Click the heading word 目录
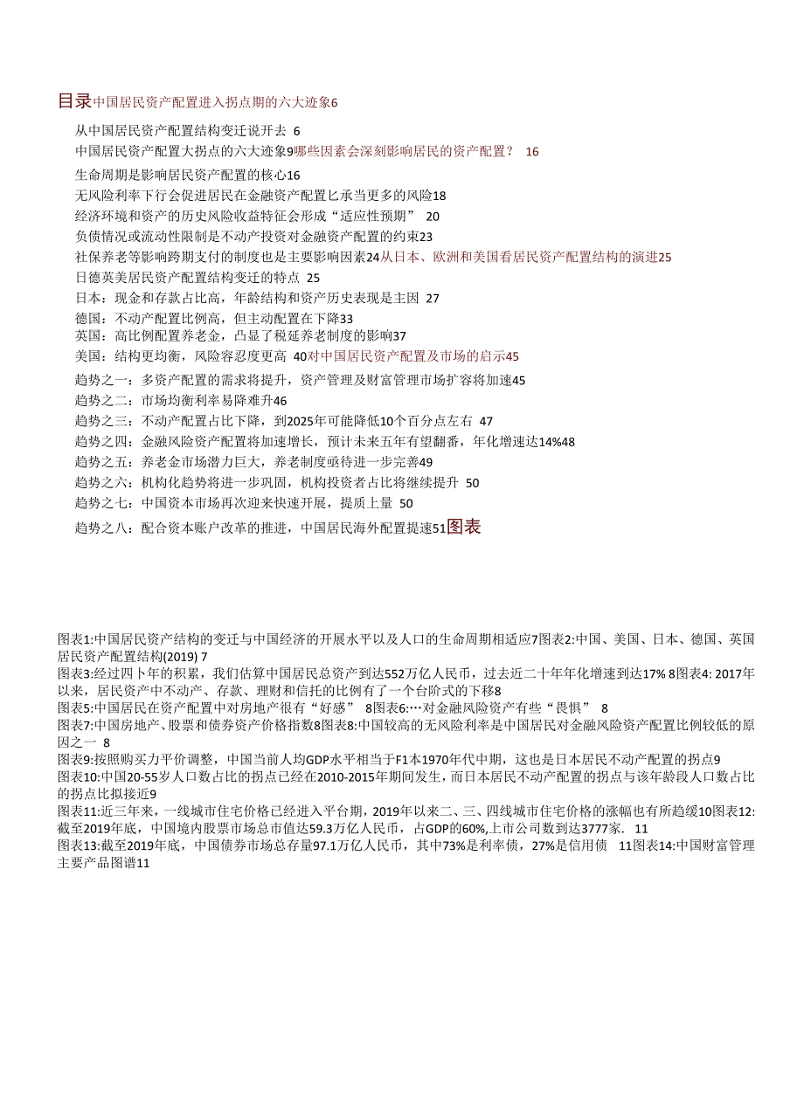click(x=74, y=101)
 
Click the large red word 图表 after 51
click(x=463, y=527)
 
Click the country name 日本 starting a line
click(x=89, y=298)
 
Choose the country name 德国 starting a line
click(x=89, y=318)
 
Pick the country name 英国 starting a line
click(x=89, y=336)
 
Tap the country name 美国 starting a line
click(x=89, y=356)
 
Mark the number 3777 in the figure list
click(x=592, y=828)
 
